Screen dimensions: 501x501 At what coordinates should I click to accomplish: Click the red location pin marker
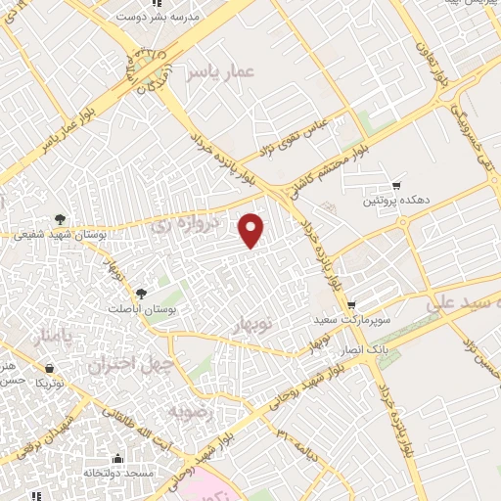coord(252,230)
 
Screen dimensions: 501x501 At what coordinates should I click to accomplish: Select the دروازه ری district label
coord(172,224)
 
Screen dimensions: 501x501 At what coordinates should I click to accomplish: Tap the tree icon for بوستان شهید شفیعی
coord(61,219)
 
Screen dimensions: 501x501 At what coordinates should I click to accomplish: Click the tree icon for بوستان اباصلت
coord(141,293)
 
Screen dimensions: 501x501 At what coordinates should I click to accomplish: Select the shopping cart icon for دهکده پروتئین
coord(396,185)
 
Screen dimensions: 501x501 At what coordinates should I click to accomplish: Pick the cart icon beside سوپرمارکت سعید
coord(351,304)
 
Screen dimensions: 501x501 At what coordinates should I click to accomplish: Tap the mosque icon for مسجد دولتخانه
coord(117,458)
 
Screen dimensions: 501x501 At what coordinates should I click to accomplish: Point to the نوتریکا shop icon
coord(50,368)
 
